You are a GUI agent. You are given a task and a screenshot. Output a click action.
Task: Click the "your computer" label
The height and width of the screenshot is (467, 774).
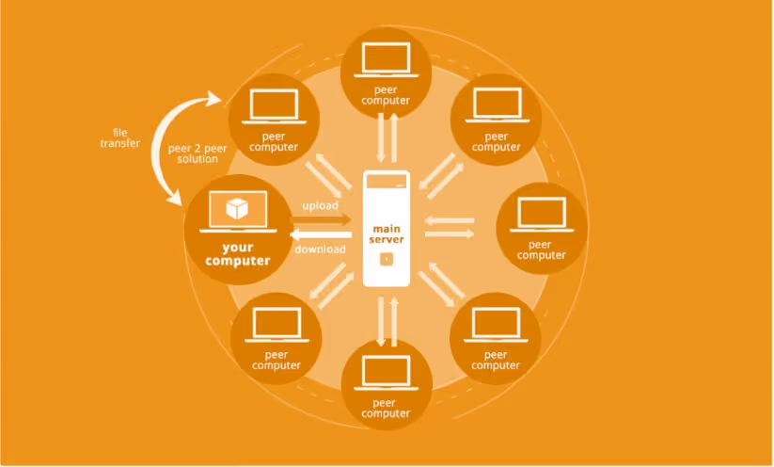click(237, 254)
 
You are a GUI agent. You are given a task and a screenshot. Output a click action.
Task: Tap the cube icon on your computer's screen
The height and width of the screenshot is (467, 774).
click(237, 208)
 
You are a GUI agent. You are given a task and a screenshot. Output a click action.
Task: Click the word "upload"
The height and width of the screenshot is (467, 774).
click(321, 205)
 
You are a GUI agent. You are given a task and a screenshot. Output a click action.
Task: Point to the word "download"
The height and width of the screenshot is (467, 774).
click(320, 250)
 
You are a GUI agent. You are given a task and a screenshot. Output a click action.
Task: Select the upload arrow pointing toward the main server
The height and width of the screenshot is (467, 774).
click(322, 220)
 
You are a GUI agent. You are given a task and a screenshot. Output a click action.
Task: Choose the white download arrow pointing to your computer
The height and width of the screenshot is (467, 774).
click(321, 234)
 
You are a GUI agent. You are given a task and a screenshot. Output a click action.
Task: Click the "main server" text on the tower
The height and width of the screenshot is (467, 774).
click(387, 234)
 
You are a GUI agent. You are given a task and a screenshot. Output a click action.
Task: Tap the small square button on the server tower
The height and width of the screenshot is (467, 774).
click(387, 259)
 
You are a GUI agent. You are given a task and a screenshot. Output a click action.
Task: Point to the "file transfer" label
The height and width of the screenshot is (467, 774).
click(120, 137)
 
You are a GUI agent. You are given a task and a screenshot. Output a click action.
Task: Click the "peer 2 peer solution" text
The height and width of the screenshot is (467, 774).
click(197, 153)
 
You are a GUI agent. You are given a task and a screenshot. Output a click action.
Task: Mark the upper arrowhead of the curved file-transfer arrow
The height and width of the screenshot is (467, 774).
click(214, 98)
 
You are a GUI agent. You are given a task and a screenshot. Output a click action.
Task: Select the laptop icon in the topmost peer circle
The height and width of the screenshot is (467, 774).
click(386, 59)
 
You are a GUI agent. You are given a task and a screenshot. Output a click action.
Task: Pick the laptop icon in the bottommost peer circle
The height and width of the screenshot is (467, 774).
click(386, 373)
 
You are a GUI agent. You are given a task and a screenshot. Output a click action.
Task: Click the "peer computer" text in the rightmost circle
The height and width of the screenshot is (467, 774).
click(541, 250)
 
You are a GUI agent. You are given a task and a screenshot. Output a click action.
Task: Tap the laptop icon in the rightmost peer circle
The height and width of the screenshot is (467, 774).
click(542, 215)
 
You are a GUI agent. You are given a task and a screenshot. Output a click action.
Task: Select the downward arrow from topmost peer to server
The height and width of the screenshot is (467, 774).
click(381, 137)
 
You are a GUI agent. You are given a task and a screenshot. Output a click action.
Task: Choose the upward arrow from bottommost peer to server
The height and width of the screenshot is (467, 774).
click(394, 322)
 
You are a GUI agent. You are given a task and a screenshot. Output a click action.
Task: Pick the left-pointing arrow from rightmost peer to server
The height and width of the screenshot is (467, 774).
click(449, 220)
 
